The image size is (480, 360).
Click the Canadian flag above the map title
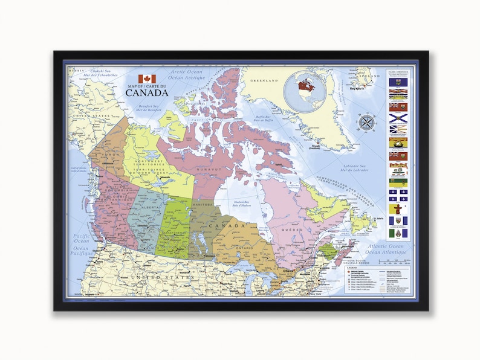coord(147,79)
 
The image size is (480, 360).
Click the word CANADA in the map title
coord(147,93)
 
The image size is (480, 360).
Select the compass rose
coord(366,123)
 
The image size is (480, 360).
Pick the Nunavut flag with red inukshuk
coord(398,219)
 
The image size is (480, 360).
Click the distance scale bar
coord(397,262)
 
